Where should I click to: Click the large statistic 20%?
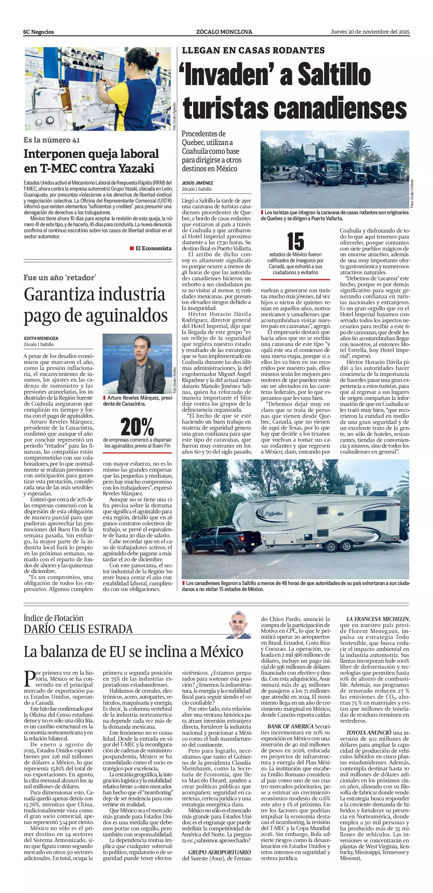(138, 427)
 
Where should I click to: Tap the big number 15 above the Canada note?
(295, 242)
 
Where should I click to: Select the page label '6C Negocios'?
(39, 32)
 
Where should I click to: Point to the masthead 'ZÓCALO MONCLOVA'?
(224, 32)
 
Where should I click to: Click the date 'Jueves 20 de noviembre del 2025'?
(370, 32)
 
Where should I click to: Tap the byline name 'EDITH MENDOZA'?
(41, 338)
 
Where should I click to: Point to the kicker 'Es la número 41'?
(52, 140)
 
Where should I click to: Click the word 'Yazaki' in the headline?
(136, 168)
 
